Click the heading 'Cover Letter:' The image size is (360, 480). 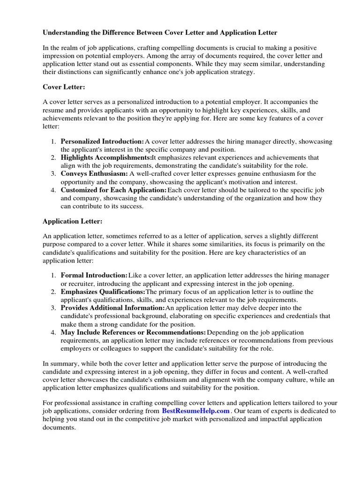point(64,87)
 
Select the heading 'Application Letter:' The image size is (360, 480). point(72,221)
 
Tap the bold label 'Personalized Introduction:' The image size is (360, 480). point(102,142)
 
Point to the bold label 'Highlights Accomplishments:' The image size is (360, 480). point(106,158)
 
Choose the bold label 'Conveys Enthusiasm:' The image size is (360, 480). point(94,174)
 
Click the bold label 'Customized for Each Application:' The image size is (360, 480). point(113,190)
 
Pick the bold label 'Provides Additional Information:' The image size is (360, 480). point(112,308)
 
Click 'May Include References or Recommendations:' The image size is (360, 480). point(133,332)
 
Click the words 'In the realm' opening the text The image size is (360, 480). point(62,48)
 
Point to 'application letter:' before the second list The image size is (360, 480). point(68,261)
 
